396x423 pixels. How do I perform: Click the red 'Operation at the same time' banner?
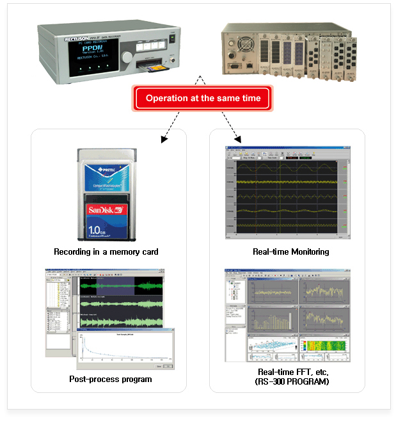click(203, 99)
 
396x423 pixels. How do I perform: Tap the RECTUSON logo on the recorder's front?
click(77, 39)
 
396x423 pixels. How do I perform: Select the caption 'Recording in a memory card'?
click(106, 252)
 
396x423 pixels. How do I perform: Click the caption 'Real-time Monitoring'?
click(291, 252)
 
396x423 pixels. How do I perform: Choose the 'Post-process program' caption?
click(111, 379)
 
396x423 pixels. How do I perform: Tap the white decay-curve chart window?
click(125, 349)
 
